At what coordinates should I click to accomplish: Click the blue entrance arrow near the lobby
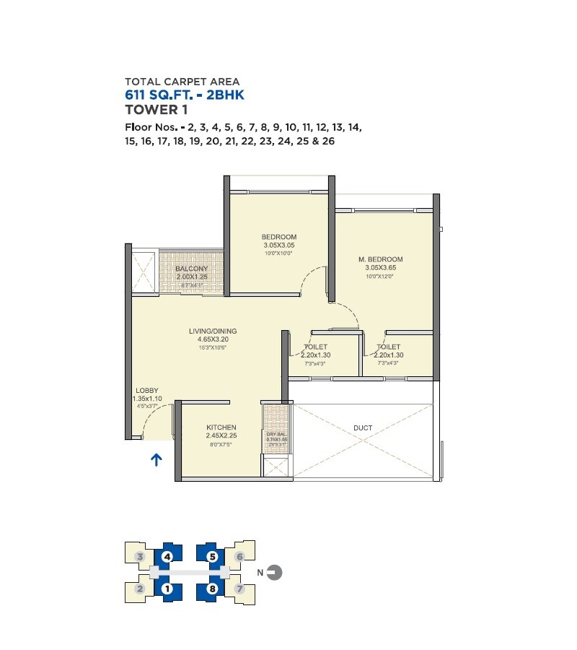tap(156, 459)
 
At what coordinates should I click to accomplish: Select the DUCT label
tap(364, 428)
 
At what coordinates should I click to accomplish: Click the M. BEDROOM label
tap(380, 259)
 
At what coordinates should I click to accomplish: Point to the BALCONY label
tap(192, 269)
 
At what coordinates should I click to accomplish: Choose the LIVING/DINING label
tap(213, 331)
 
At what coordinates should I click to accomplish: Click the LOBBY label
tap(147, 391)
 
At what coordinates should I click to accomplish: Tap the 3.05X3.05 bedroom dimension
tap(279, 246)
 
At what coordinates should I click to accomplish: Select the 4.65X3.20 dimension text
tap(213, 339)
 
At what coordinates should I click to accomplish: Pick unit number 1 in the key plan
tap(167, 589)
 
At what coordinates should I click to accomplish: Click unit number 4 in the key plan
tap(167, 557)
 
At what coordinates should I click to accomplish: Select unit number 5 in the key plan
tap(212, 557)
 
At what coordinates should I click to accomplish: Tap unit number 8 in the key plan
tap(212, 589)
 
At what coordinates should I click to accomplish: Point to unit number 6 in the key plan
tap(240, 557)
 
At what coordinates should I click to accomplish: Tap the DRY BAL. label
tap(276, 433)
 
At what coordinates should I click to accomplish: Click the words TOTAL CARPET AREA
tap(182, 82)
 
